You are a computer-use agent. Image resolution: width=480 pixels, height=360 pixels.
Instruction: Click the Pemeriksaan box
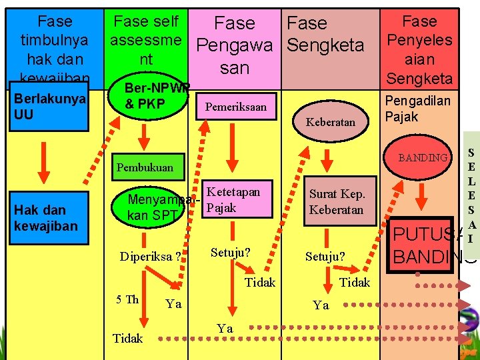tap(235, 107)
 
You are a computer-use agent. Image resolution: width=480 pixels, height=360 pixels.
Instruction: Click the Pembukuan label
tap(145, 167)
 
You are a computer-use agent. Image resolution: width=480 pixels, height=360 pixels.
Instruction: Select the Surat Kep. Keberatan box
tap(336, 201)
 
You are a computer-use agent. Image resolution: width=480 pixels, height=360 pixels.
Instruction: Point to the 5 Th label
tap(127, 299)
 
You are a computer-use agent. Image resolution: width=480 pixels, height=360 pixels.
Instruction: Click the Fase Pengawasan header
tap(235, 45)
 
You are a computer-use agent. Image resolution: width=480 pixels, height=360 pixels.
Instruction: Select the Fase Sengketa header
tap(325, 35)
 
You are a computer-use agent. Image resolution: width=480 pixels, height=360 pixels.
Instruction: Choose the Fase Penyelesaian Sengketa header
tap(419, 49)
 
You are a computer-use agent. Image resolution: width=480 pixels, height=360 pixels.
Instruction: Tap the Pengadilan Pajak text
tap(417, 109)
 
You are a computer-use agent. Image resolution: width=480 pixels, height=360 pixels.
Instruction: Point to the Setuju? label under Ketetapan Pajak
tap(230, 253)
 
